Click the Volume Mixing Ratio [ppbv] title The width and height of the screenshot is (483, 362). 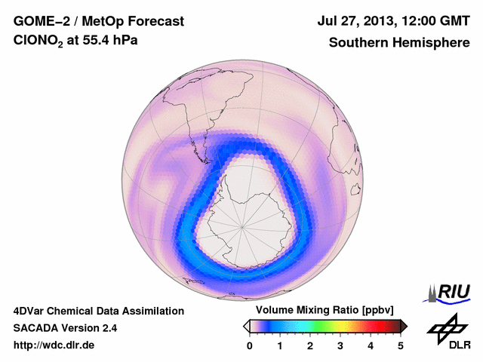325,310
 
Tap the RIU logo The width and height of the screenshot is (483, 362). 448,292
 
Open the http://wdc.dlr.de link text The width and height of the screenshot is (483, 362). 54,345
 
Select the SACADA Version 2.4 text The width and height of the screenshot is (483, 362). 65,328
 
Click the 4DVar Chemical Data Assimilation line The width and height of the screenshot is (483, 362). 98,311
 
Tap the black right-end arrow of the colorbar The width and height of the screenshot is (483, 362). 404,325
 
